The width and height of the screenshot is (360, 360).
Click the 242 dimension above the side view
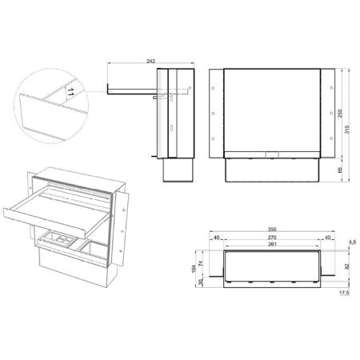click(x=150, y=61)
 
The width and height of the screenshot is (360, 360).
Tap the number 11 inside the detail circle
click(x=70, y=93)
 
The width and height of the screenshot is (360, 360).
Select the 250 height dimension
click(x=340, y=114)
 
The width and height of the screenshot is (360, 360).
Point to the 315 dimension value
click(x=346, y=130)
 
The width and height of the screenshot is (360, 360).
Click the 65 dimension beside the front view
click(x=340, y=170)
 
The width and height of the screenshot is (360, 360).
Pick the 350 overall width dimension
click(x=272, y=230)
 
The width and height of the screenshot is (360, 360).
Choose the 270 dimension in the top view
click(x=272, y=238)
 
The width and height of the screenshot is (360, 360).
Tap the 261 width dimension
click(x=272, y=244)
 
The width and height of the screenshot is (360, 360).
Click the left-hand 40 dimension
click(x=217, y=238)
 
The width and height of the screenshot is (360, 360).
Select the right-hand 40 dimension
click(x=327, y=238)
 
